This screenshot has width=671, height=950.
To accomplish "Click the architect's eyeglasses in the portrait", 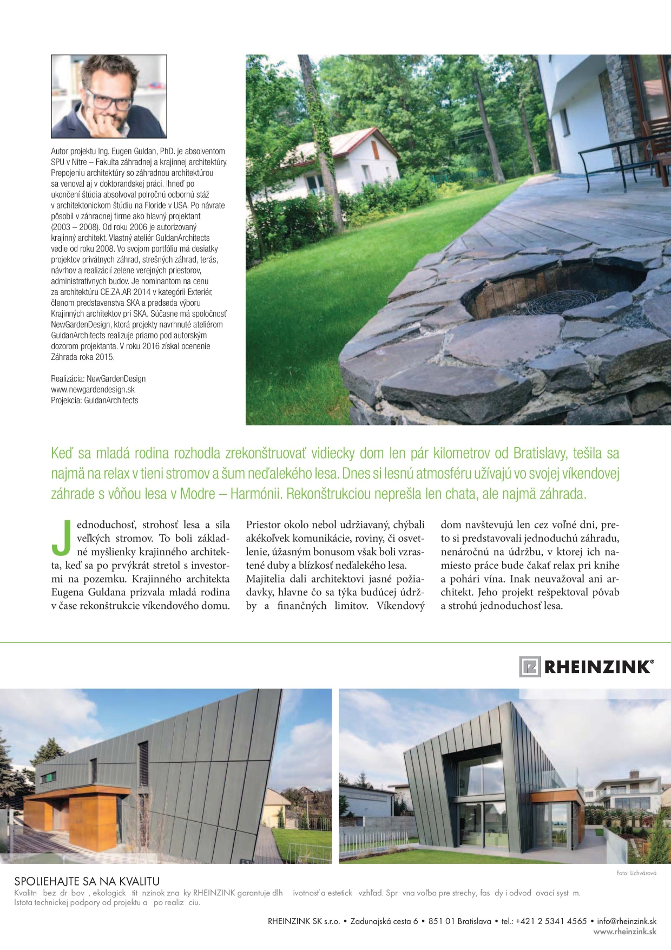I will [x=109, y=100].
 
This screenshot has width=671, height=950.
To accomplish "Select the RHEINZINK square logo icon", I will [x=530, y=666].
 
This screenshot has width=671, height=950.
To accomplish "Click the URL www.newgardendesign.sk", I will [x=93, y=389].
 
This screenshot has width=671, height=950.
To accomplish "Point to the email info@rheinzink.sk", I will [x=627, y=921].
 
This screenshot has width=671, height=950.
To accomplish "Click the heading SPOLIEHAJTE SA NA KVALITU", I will [x=87, y=882].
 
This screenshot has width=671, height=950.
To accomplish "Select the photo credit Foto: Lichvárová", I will [x=636, y=873].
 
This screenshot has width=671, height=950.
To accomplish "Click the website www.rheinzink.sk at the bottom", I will [x=624, y=932].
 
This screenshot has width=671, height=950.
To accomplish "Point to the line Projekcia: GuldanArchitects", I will [x=95, y=400].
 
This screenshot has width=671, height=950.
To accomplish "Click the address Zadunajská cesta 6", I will [x=384, y=921].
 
